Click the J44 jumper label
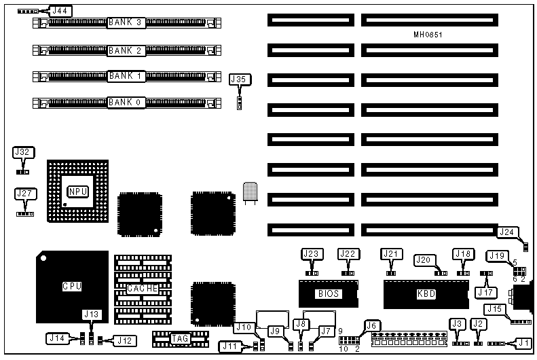tap(61, 12)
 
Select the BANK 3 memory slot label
tap(125, 23)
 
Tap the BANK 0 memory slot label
tap(125, 103)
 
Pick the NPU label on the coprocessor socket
tap(77, 192)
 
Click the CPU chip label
tap(71, 286)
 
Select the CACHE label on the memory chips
tap(143, 288)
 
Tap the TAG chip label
tap(180, 338)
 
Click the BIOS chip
tap(328, 294)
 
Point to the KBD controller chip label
tap(427, 294)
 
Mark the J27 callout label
tap(24, 194)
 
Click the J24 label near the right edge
tap(507, 232)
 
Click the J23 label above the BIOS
tap(312, 254)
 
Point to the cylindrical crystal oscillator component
tap(249, 191)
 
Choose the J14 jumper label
tap(57, 337)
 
